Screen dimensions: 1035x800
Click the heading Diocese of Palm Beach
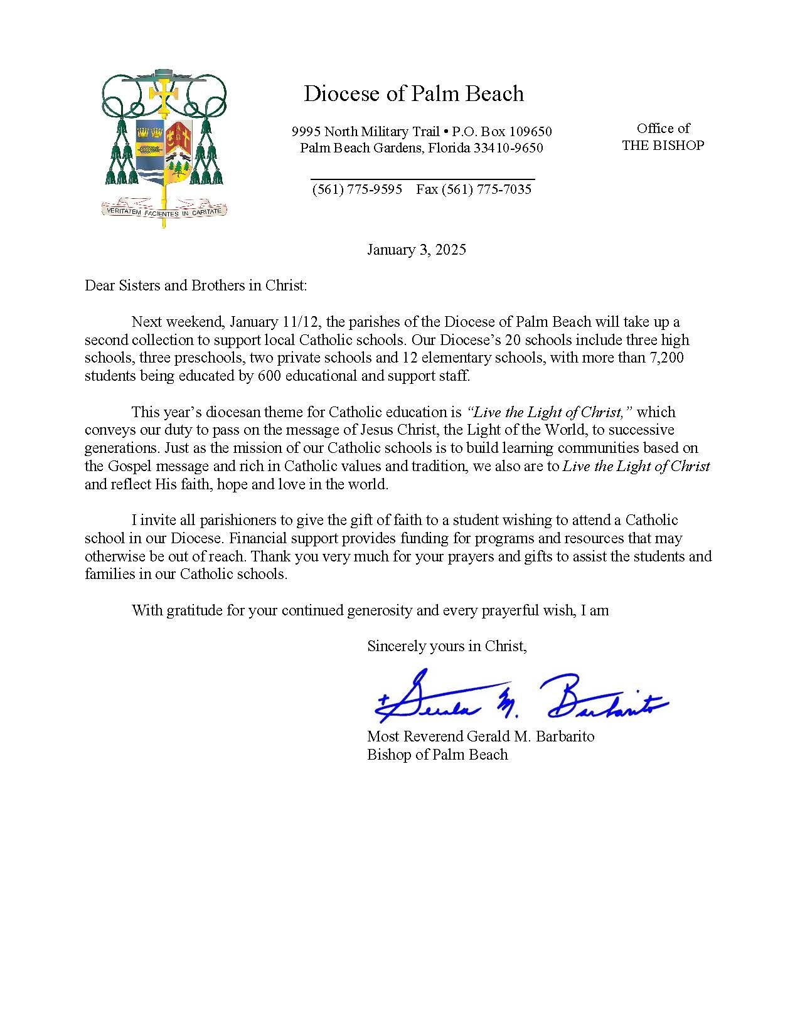pyautogui.click(x=413, y=94)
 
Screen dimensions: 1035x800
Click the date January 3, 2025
pyautogui.click(x=416, y=250)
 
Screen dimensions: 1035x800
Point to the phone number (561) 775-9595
pyautogui.click(x=357, y=189)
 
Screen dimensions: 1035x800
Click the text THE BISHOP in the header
pyautogui.click(x=663, y=146)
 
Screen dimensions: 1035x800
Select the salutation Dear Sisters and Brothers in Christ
pyautogui.click(x=196, y=285)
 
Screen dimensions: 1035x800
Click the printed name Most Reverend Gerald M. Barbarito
pyautogui.click(x=481, y=736)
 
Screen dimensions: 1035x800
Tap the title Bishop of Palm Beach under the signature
pyautogui.click(x=437, y=755)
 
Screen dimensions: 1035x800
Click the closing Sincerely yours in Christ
pyautogui.click(x=447, y=646)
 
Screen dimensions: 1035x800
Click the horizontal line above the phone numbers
pyautogui.click(x=423, y=179)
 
